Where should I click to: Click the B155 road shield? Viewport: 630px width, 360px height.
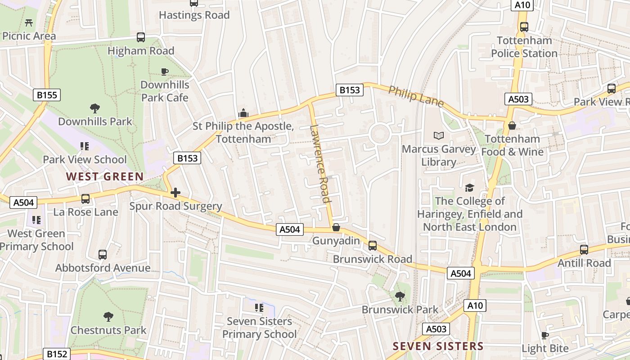point(47,95)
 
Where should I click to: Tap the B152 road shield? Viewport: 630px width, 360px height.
point(57,354)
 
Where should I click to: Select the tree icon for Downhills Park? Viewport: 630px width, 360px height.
point(94,108)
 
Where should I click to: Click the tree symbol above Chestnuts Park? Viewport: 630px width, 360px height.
point(108,316)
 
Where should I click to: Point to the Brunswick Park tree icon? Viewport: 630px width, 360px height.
point(400,296)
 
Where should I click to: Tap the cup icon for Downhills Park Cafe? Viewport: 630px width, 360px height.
point(165,72)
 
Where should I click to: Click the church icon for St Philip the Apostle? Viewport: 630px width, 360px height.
point(243,112)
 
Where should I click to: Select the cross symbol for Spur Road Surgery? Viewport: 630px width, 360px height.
point(175,193)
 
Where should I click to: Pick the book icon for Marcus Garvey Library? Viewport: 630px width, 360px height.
point(438,135)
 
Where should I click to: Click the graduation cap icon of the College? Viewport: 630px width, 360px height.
point(469,188)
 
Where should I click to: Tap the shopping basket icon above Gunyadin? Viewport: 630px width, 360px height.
point(336,227)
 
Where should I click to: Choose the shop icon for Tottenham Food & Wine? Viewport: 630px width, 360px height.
point(512,126)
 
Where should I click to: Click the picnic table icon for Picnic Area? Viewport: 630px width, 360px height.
point(29,22)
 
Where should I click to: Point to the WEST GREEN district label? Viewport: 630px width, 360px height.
point(105,177)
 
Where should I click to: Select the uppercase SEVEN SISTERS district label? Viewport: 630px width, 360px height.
point(438,346)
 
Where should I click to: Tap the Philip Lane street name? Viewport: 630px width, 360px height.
point(416,96)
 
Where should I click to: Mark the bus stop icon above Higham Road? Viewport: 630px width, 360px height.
point(141,37)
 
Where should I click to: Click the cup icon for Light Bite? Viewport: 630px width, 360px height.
point(545,335)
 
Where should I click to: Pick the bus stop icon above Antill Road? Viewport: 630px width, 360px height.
point(584,249)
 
